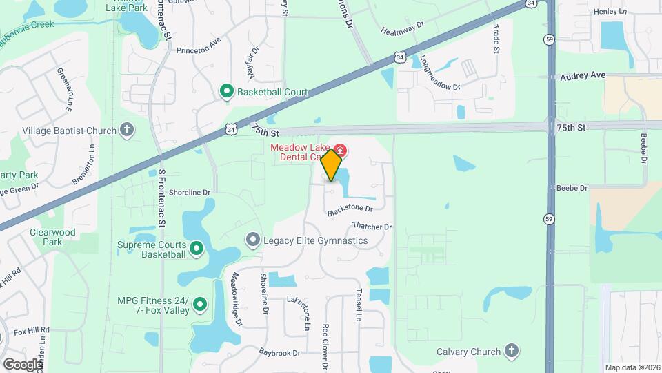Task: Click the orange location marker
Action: (332, 164)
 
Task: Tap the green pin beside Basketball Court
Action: (226, 92)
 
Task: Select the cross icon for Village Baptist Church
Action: (126, 130)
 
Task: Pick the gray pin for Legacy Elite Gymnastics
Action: (253, 240)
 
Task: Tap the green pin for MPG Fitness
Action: (201, 303)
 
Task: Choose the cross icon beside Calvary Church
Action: (511, 351)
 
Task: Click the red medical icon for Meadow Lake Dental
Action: (341, 150)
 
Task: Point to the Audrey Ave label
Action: (583, 75)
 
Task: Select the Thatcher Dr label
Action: (372, 226)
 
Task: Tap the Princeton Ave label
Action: (198, 50)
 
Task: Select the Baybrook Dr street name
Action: (280, 352)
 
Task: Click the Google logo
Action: (22, 364)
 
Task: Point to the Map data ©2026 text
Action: (632, 367)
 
